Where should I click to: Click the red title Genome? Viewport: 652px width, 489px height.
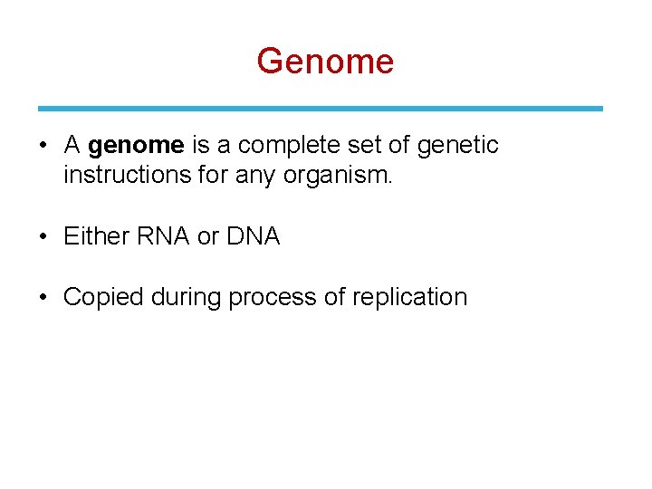[x=325, y=62]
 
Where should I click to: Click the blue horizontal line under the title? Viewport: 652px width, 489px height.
[x=321, y=108]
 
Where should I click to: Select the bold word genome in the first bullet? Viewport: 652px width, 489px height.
[x=137, y=145]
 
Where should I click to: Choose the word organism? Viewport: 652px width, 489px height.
[x=338, y=174]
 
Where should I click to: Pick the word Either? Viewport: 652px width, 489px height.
[x=96, y=236]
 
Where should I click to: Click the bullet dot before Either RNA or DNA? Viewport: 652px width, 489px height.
[x=43, y=237]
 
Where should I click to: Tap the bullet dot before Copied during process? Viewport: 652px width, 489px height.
[x=43, y=298]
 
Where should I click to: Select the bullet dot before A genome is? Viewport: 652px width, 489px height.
[x=43, y=146]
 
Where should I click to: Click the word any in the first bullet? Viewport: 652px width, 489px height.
[x=256, y=174]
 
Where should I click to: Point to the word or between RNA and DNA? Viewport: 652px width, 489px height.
[x=207, y=236]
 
